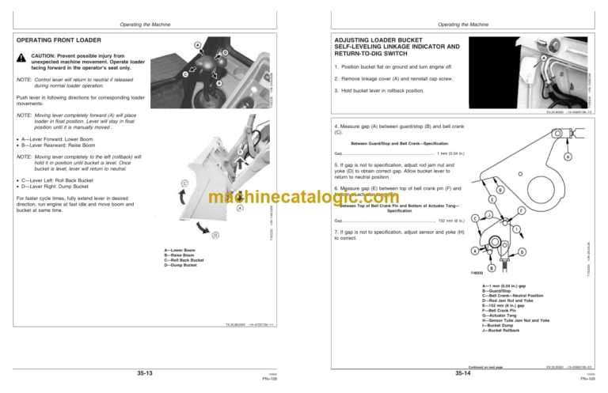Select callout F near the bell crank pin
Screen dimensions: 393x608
pyautogui.click(x=520, y=210)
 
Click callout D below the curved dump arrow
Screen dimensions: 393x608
pyautogui.click(x=217, y=234)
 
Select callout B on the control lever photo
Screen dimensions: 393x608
pyautogui.click(x=218, y=83)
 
